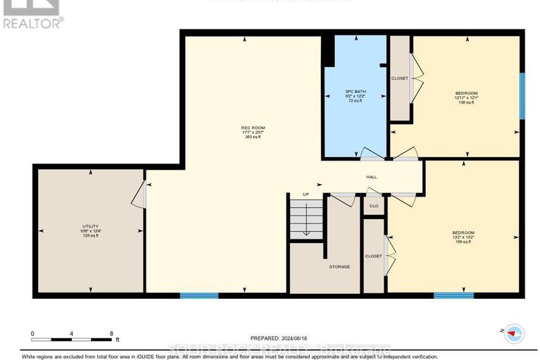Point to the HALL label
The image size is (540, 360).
pos(372,178)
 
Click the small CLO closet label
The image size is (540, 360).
pos(374,206)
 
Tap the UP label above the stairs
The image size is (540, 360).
pos(306,194)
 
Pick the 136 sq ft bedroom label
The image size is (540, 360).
pos(466,98)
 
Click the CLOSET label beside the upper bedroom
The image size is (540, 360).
pos(399,78)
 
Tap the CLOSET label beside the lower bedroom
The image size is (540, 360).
pos(373,256)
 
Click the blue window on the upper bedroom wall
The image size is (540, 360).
pos(522,96)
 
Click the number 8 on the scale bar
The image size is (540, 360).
pos(111,333)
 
